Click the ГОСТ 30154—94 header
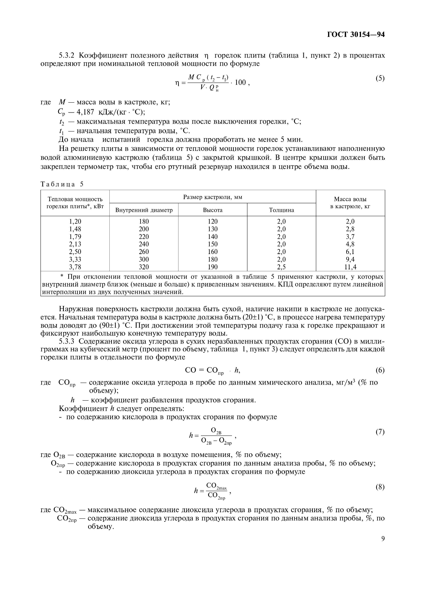tap(356, 35)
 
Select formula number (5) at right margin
tap(380, 78)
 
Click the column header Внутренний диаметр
tap(144, 210)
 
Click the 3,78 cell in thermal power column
tap(75, 267)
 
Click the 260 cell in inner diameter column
tap(144, 252)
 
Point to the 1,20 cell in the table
tap(75, 221)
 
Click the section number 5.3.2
tap(67, 56)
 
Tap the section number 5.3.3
tap(67, 341)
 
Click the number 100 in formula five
tap(240, 83)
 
